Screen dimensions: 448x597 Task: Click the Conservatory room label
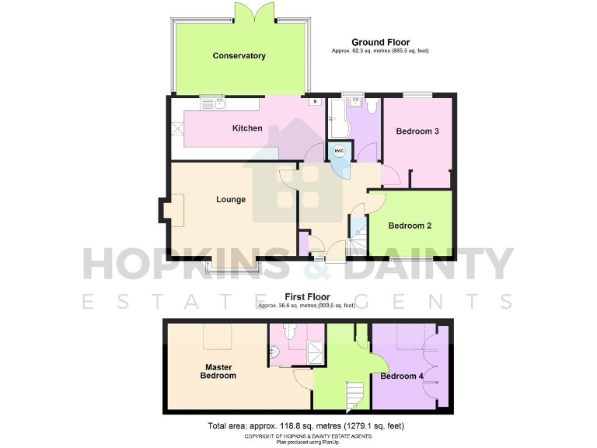coord(239,56)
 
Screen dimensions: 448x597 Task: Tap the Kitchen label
coord(248,128)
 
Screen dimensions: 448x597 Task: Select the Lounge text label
coord(231,200)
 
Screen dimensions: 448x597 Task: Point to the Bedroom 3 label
coord(417,131)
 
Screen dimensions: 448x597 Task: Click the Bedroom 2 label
coord(410,226)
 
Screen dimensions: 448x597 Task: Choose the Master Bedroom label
coord(220,371)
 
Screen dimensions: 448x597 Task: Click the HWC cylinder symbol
coord(339,150)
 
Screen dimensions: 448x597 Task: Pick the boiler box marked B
coord(315,102)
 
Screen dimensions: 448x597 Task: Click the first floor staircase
coord(356,396)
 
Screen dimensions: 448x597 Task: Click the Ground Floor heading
coord(380,42)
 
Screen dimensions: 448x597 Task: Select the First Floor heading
coord(307,297)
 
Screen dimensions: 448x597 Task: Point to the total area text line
coord(306,426)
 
